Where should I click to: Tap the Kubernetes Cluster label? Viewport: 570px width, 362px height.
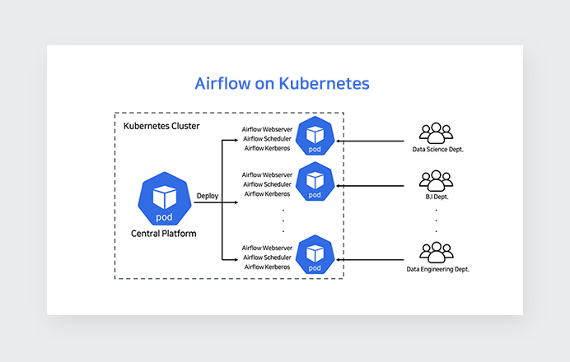[x=161, y=126]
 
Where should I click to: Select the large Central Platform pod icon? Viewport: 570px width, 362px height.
[x=164, y=198]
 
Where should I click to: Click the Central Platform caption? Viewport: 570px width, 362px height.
[x=164, y=234]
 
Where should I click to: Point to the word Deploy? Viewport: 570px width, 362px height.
[x=207, y=196]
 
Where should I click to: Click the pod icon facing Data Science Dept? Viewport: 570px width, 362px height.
[x=314, y=137]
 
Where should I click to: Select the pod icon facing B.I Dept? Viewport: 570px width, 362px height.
[x=314, y=182]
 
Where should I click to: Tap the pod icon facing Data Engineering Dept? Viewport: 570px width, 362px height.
[x=314, y=255]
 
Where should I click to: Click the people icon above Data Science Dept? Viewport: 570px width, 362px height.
[x=436, y=132]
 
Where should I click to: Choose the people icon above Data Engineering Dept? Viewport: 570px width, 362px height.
[x=436, y=250]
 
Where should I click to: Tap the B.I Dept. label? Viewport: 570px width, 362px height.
[x=436, y=197]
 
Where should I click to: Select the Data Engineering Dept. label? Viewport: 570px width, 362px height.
[x=437, y=269]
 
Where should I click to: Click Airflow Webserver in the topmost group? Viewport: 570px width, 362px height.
[x=267, y=129]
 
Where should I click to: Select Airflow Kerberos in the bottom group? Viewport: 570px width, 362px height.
[x=267, y=267]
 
